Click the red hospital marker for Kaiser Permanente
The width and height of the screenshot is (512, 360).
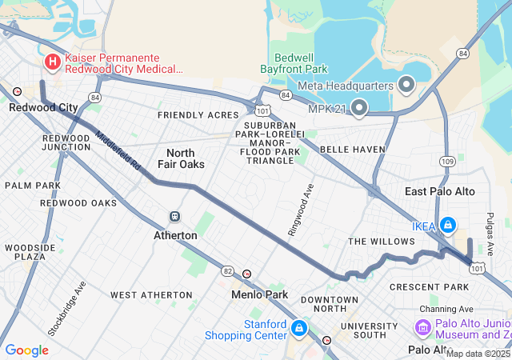52,62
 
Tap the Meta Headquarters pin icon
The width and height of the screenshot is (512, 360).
406,85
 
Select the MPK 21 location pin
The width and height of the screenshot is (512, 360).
358,106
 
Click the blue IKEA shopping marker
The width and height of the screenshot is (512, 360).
447,226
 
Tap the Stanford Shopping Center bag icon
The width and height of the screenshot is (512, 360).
298,328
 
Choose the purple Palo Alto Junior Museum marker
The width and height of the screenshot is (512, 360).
422,327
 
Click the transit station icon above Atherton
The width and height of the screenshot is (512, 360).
174,217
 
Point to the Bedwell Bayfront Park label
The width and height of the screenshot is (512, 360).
295,64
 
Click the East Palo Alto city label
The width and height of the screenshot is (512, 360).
439,191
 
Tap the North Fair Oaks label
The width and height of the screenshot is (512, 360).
186,158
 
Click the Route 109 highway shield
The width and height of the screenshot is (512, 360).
447,162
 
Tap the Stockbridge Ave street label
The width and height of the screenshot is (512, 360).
66,308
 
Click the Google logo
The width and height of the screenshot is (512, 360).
27,350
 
